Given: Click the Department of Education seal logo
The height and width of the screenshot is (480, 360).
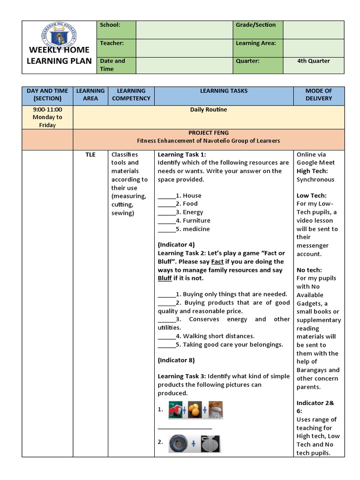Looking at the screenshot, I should pyautogui.click(x=59, y=37).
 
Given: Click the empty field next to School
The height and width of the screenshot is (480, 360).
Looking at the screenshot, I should pyautogui.click(x=184, y=30).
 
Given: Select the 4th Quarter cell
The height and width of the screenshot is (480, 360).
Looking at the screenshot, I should pyautogui.click(x=313, y=61).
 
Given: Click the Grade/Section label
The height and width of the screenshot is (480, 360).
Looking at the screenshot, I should pyautogui.click(x=255, y=25).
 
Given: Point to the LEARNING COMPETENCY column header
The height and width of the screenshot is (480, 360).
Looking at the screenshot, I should pyautogui.click(x=131, y=95).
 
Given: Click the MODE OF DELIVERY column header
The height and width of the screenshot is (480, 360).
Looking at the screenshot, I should pyautogui.click(x=318, y=95).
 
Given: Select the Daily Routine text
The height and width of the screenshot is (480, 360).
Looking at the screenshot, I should pyautogui.click(x=208, y=110).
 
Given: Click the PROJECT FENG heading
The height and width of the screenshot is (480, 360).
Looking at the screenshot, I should pyautogui.click(x=208, y=133).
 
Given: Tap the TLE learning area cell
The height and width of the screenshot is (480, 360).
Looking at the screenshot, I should pyautogui.click(x=90, y=155).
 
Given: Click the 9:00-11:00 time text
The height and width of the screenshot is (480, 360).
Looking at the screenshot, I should pyautogui.click(x=47, y=110).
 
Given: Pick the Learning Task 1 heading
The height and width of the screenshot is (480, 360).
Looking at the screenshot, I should pyautogui.click(x=182, y=155).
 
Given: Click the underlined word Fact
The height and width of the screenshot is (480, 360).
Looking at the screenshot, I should pyautogui.click(x=217, y=262).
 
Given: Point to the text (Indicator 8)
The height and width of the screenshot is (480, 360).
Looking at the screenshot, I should pyautogui.click(x=176, y=360).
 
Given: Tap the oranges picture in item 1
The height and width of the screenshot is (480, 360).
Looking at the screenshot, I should pyautogui.click(x=195, y=410).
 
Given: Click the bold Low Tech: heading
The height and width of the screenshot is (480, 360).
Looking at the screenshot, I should pyautogui.click(x=311, y=195).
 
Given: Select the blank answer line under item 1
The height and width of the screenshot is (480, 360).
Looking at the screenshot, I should pyautogui.click(x=185, y=427).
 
